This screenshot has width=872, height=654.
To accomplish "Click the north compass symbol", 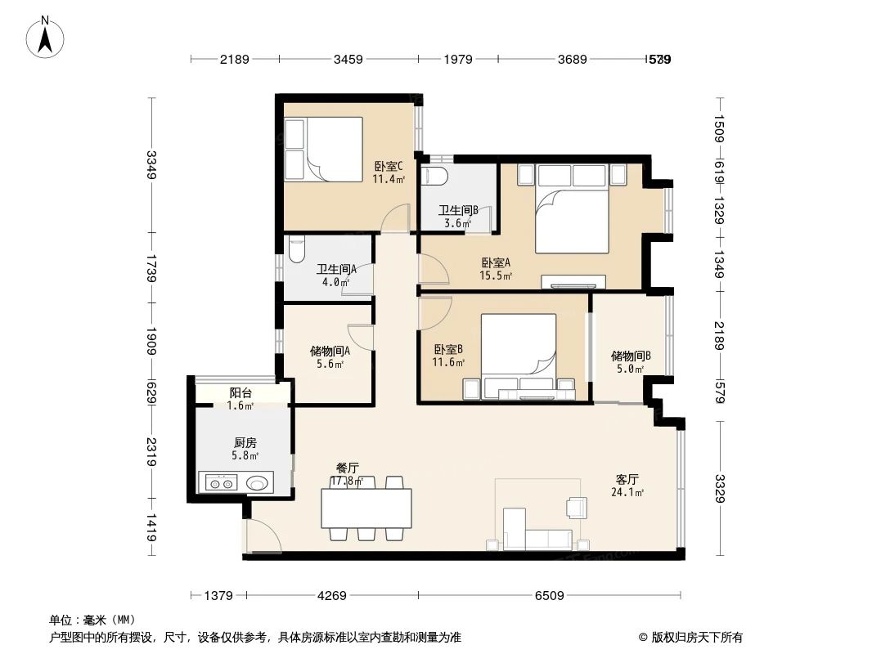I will pyautogui.click(x=46, y=37).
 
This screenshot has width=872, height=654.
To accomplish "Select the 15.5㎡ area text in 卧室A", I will pyautogui.click(x=496, y=276).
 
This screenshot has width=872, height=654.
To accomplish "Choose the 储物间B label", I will pyautogui.click(x=630, y=356).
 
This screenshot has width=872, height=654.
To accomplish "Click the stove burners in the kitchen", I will pyautogui.click(x=221, y=483).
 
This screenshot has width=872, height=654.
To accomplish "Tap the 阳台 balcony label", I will pyautogui.click(x=240, y=392).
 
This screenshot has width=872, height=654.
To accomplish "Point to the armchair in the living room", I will pyautogui.click(x=576, y=508).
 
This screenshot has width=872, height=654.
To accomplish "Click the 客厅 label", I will pyautogui.click(x=627, y=479).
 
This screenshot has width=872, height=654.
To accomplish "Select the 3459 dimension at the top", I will pyautogui.click(x=348, y=59).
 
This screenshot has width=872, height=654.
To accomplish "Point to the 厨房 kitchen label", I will pyautogui.click(x=245, y=442).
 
